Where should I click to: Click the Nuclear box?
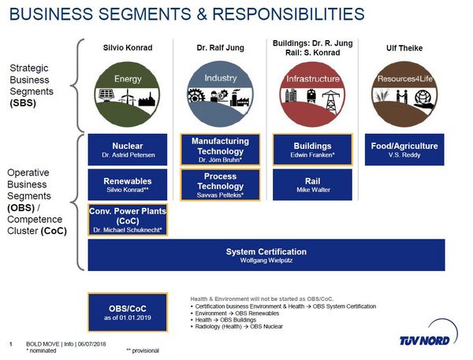(127, 150)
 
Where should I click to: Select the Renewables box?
(127, 184)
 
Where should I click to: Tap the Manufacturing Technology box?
(220, 150)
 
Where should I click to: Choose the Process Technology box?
(220, 185)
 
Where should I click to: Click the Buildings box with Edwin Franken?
(312, 150)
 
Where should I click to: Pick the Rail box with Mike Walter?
(312, 184)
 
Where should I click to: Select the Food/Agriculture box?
(404, 150)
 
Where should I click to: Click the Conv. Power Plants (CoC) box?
(128, 220)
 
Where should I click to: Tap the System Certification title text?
(266, 252)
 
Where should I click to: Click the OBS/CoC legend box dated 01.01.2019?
(128, 312)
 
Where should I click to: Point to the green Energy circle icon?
(127, 94)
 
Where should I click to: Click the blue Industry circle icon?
(220, 94)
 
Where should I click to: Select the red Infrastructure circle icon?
(312, 94)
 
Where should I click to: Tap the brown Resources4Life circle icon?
(404, 94)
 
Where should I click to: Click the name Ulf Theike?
(404, 48)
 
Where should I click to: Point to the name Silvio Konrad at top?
(128, 47)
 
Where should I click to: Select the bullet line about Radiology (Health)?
(236, 326)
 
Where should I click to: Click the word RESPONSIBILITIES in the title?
(289, 14)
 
